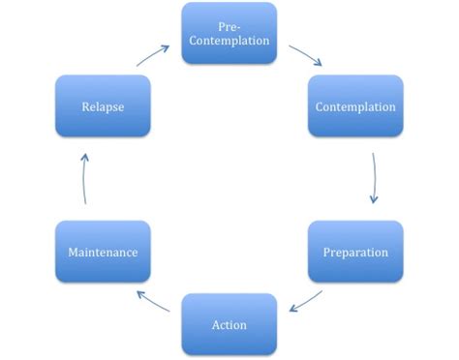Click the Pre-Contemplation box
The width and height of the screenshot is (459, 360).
click(229, 32)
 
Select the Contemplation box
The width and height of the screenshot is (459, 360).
click(355, 105)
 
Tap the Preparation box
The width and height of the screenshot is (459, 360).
click(355, 252)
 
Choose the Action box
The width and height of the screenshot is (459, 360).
click(229, 323)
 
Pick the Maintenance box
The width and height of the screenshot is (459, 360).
click(103, 252)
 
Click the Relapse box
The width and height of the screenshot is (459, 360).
click(103, 105)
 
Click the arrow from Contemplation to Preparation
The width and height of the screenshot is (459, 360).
click(374, 176)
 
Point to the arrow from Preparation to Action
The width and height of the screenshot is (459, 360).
click(306, 299)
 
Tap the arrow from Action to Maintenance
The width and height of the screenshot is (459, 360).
click(155, 299)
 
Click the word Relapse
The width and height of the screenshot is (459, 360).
click(103, 105)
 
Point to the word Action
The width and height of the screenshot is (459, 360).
click(229, 323)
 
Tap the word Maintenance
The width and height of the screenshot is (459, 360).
click(103, 252)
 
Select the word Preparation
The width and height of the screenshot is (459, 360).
click(355, 252)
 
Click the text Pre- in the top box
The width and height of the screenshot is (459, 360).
click(229, 24)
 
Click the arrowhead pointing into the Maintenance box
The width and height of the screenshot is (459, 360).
click(139, 291)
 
